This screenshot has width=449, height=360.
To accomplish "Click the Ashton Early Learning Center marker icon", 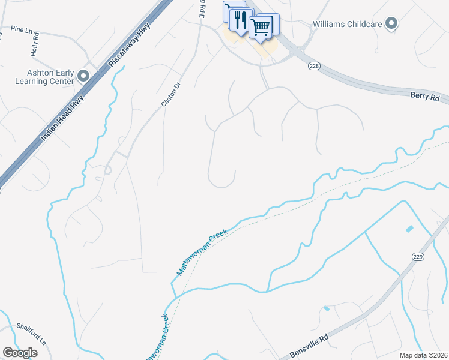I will click(x=83, y=76).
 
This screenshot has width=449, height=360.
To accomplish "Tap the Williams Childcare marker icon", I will click(x=391, y=25).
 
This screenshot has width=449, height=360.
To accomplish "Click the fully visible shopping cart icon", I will click(x=261, y=26).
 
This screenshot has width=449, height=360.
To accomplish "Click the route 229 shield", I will click(x=418, y=256).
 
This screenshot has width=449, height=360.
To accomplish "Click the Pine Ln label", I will click(x=21, y=28).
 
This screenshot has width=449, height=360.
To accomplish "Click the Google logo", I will click(x=20, y=353).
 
